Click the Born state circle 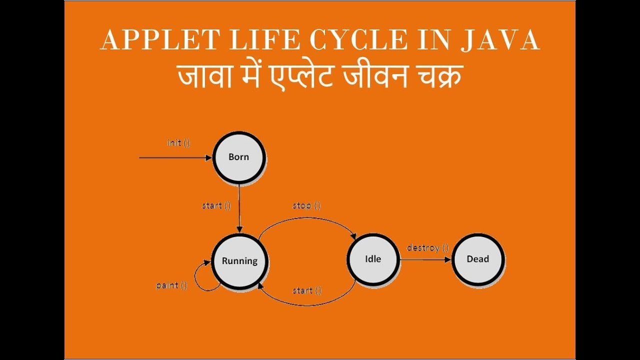coord(238,157)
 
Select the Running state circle coord(239,260)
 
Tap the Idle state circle coord(373,259)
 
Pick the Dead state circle coord(477,259)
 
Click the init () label coord(178,143)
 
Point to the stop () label coord(306,205)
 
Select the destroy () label coord(427,247)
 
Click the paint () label coord(171,285)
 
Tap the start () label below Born coord(216,205)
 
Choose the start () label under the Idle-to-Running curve coord(306,290)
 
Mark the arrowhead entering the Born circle coord(209,157)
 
